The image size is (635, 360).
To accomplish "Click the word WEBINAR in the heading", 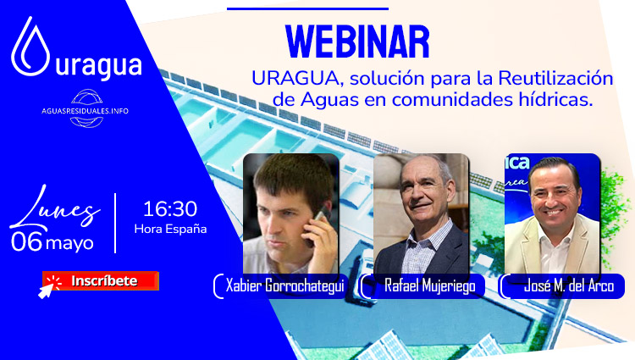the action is coord(356,42).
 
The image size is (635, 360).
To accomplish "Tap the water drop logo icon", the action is coord(30,47).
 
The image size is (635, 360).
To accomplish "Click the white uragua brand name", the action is coord(98,66).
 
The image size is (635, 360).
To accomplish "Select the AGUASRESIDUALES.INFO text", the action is coord(85,111).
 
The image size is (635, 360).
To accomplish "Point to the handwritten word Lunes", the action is coord(55,208).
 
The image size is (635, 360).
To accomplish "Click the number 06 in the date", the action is coord(27,241).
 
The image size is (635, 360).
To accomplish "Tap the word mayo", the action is coord(69,244).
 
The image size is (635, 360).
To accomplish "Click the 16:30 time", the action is coord(170,209).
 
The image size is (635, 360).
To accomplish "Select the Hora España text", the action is coord(170,229).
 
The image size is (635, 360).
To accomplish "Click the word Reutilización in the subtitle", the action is coord(555,79).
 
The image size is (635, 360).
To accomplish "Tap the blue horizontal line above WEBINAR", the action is coord(308,8).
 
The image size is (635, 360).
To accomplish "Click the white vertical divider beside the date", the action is coord(115,223).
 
